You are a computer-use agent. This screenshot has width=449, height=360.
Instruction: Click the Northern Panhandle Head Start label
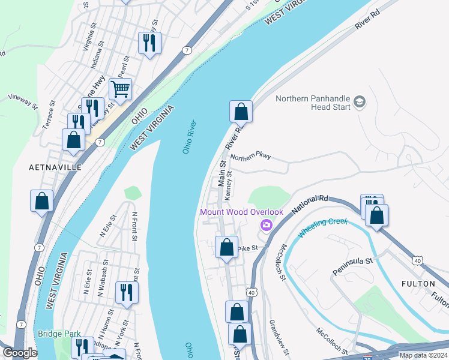point(312,103)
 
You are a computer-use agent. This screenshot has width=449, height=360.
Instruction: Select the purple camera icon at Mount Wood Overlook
point(265,225)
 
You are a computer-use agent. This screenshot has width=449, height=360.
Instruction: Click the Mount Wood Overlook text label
point(241,212)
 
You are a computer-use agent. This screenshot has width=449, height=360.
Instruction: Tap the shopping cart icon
point(120,89)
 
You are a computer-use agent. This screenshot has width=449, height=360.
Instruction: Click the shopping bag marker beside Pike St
point(226,247)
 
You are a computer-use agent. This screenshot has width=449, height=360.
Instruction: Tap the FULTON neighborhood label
point(418,283)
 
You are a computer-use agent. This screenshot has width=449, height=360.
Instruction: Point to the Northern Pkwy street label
point(251,156)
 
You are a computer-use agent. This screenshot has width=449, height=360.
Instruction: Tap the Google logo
point(20,353)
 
